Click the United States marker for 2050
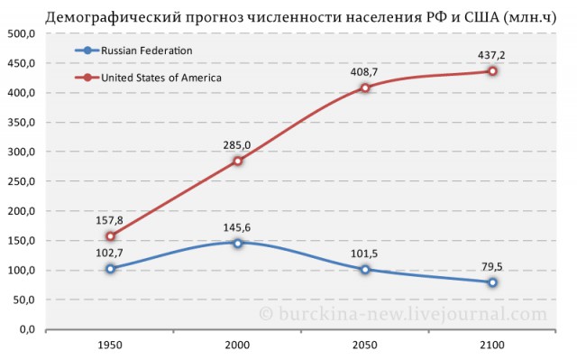pyautogui.click(x=365, y=88)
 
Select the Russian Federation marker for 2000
pyautogui.click(x=238, y=243)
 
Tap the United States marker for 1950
pyautogui.click(x=111, y=236)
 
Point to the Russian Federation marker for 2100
pyautogui.click(x=493, y=282)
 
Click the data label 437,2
pyautogui.click(x=491, y=55)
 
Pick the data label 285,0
pyautogui.click(x=237, y=144)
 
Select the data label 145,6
pyautogui.click(x=237, y=227)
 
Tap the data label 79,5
pyautogui.click(x=492, y=266)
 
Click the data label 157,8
pyautogui.click(x=110, y=220)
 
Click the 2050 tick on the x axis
pyautogui.click(x=365, y=346)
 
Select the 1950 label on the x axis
pyautogui.click(x=110, y=346)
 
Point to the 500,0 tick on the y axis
pyautogui.click(x=21, y=33)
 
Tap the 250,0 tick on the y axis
pyautogui.click(x=21, y=181)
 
